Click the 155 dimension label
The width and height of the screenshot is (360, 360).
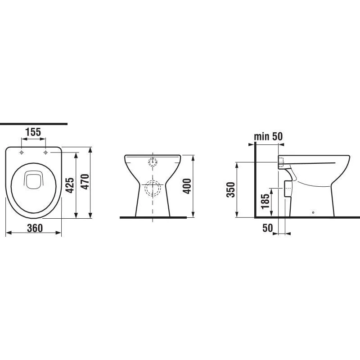pyautogui.click(x=33, y=132)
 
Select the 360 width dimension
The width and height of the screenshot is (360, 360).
pyautogui.click(x=35, y=228)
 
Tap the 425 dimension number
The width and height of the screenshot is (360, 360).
pyautogui.click(x=70, y=185)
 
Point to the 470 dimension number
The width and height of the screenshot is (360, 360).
pyautogui.click(x=85, y=182)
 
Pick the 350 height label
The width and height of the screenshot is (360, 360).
pyautogui.click(x=231, y=189)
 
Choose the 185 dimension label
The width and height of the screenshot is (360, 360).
pyautogui.click(x=265, y=201)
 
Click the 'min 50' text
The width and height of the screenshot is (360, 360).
pyautogui.click(x=268, y=136)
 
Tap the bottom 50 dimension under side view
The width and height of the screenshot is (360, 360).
pyautogui.click(x=267, y=228)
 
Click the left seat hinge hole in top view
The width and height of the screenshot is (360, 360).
pyautogui.click(x=21, y=153)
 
